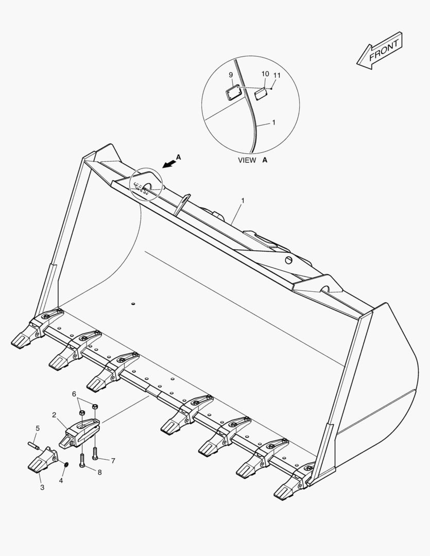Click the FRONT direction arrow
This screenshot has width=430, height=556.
(x=380, y=50)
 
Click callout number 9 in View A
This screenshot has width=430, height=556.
(x=231, y=75)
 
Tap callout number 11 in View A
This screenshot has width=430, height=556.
(x=277, y=76)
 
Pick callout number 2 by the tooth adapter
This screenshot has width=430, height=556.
(x=54, y=414)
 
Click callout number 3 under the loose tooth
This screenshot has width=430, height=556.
(x=42, y=487)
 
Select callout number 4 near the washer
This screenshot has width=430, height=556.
(x=61, y=480)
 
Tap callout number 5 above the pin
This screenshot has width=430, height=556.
(x=38, y=428)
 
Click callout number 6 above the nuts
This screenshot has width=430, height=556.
(x=74, y=394)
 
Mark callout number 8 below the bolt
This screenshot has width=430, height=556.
(x=99, y=472)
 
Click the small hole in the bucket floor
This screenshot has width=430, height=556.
(x=133, y=304)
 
